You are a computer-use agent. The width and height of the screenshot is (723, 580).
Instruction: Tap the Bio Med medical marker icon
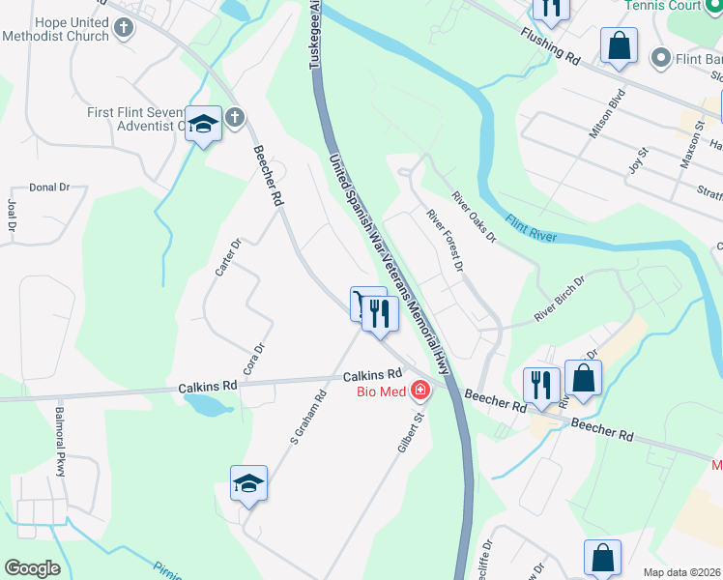tap(420, 391)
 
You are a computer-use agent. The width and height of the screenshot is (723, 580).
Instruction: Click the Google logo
tap(32, 567)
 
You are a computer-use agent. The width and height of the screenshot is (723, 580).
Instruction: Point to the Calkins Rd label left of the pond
tap(208, 387)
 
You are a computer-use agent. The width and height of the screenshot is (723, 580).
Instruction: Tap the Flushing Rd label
tap(549, 45)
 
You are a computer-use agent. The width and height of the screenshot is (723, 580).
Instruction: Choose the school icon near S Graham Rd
tap(248, 481)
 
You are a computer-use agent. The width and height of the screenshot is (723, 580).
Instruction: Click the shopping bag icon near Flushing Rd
tap(619, 44)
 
